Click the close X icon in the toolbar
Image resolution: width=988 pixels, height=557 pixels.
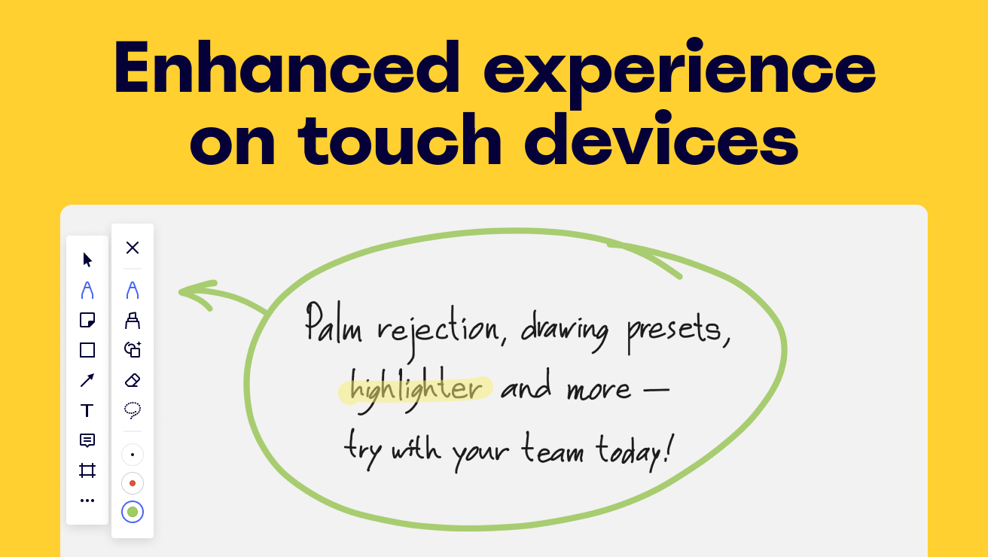pyautogui.click(x=133, y=248)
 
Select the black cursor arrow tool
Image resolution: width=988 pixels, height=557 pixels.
pyautogui.click(x=87, y=260)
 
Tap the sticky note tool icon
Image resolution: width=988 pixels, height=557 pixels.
pyautogui.click(x=87, y=320)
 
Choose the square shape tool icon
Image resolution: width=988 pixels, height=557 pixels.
pyautogui.click(x=87, y=350)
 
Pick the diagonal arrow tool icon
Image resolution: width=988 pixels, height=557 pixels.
pyautogui.click(x=87, y=380)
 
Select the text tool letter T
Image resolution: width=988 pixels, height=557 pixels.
pyautogui.click(x=87, y=410)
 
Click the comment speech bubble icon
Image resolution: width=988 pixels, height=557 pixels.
pyautogui.click(x=87, y=440)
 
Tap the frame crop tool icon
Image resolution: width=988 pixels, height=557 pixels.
pyautogui.click(x=87, y=470)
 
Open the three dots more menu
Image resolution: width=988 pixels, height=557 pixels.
pyautogui.click(x=87, y=501)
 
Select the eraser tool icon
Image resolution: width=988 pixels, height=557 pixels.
pyautogui.click(x=133, y=380)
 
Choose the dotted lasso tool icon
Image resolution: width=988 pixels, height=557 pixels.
pyautogui.click(x=133, y=410)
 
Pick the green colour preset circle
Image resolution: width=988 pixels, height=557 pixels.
pyautogui.click(x=133, y=512)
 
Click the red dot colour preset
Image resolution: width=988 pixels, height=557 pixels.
pyautogui.click(x=133, y=483)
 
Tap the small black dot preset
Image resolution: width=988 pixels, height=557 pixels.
pyautogui.click(x=133, y=455)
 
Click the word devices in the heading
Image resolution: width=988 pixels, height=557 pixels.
pyautogui.click(x=661, y=138)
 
